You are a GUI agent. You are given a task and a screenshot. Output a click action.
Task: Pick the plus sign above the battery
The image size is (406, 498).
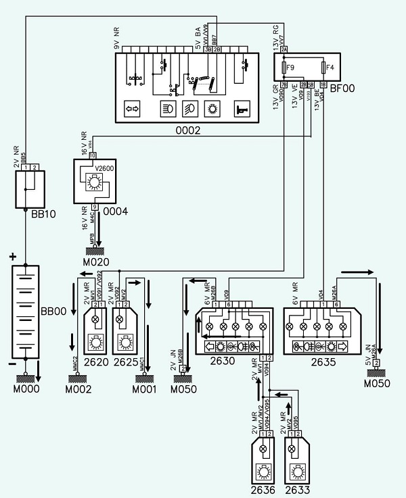[x=12, y=257]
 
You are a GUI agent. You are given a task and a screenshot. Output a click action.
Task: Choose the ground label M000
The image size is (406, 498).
[x=26, y=389]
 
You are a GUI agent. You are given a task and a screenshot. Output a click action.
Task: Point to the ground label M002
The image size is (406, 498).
[x=78, y=389]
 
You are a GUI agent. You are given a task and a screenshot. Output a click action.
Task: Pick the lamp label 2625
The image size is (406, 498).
[x=127, y=363]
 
